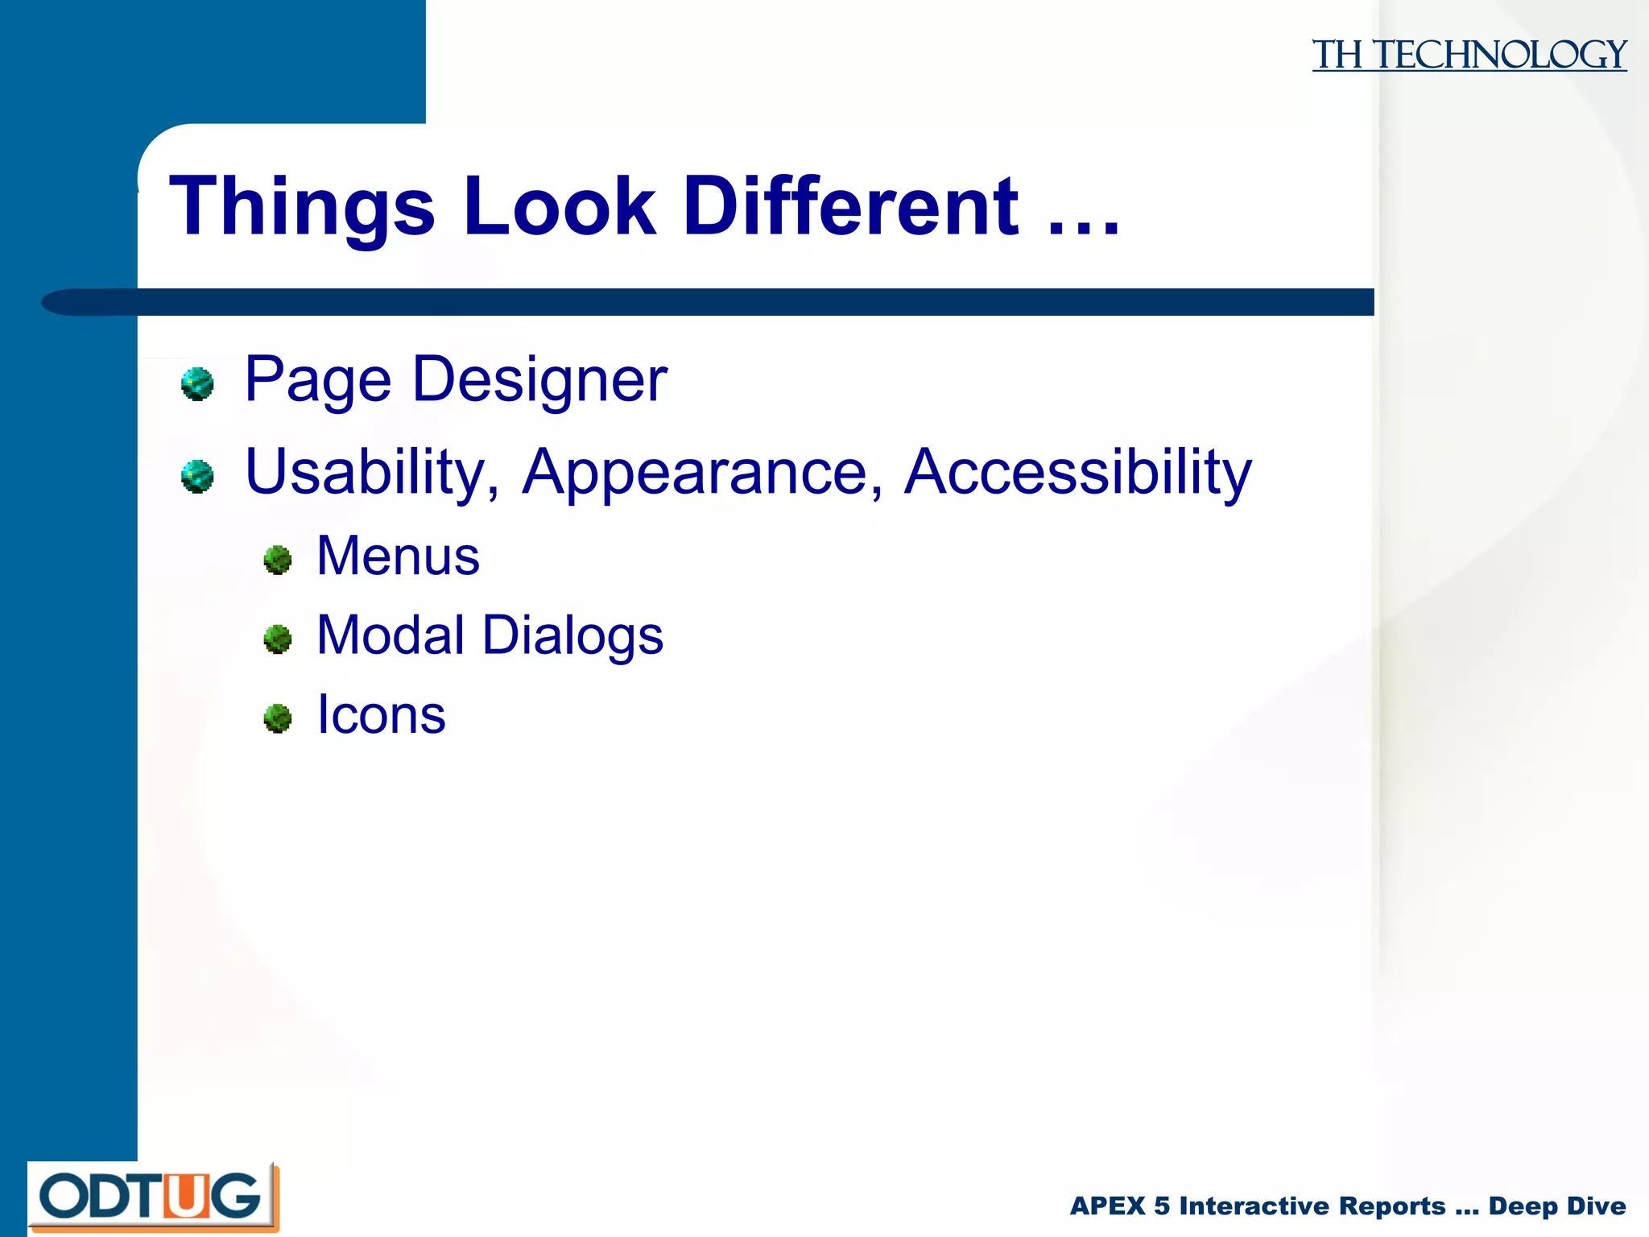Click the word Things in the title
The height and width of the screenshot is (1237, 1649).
point(302,208)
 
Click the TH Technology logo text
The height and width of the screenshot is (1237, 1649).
point(1469,56)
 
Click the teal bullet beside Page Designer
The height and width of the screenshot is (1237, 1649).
point(197,383)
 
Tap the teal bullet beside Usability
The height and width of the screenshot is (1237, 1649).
point(197,476)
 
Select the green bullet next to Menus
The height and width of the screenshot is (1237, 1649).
point(278,560)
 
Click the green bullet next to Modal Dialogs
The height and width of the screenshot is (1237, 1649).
point(278,639)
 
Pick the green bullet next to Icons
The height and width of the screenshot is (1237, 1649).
point(278,718)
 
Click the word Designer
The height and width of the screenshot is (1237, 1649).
point(539,380)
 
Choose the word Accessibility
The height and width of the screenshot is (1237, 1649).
point(1077,473)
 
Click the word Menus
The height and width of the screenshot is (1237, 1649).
point(398,556)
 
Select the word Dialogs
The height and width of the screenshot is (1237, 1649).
point(572,635)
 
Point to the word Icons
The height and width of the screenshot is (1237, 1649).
point(381,714)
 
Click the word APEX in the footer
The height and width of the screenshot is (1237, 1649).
point(1107,1206)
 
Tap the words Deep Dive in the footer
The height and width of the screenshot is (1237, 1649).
point(1556,1206)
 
